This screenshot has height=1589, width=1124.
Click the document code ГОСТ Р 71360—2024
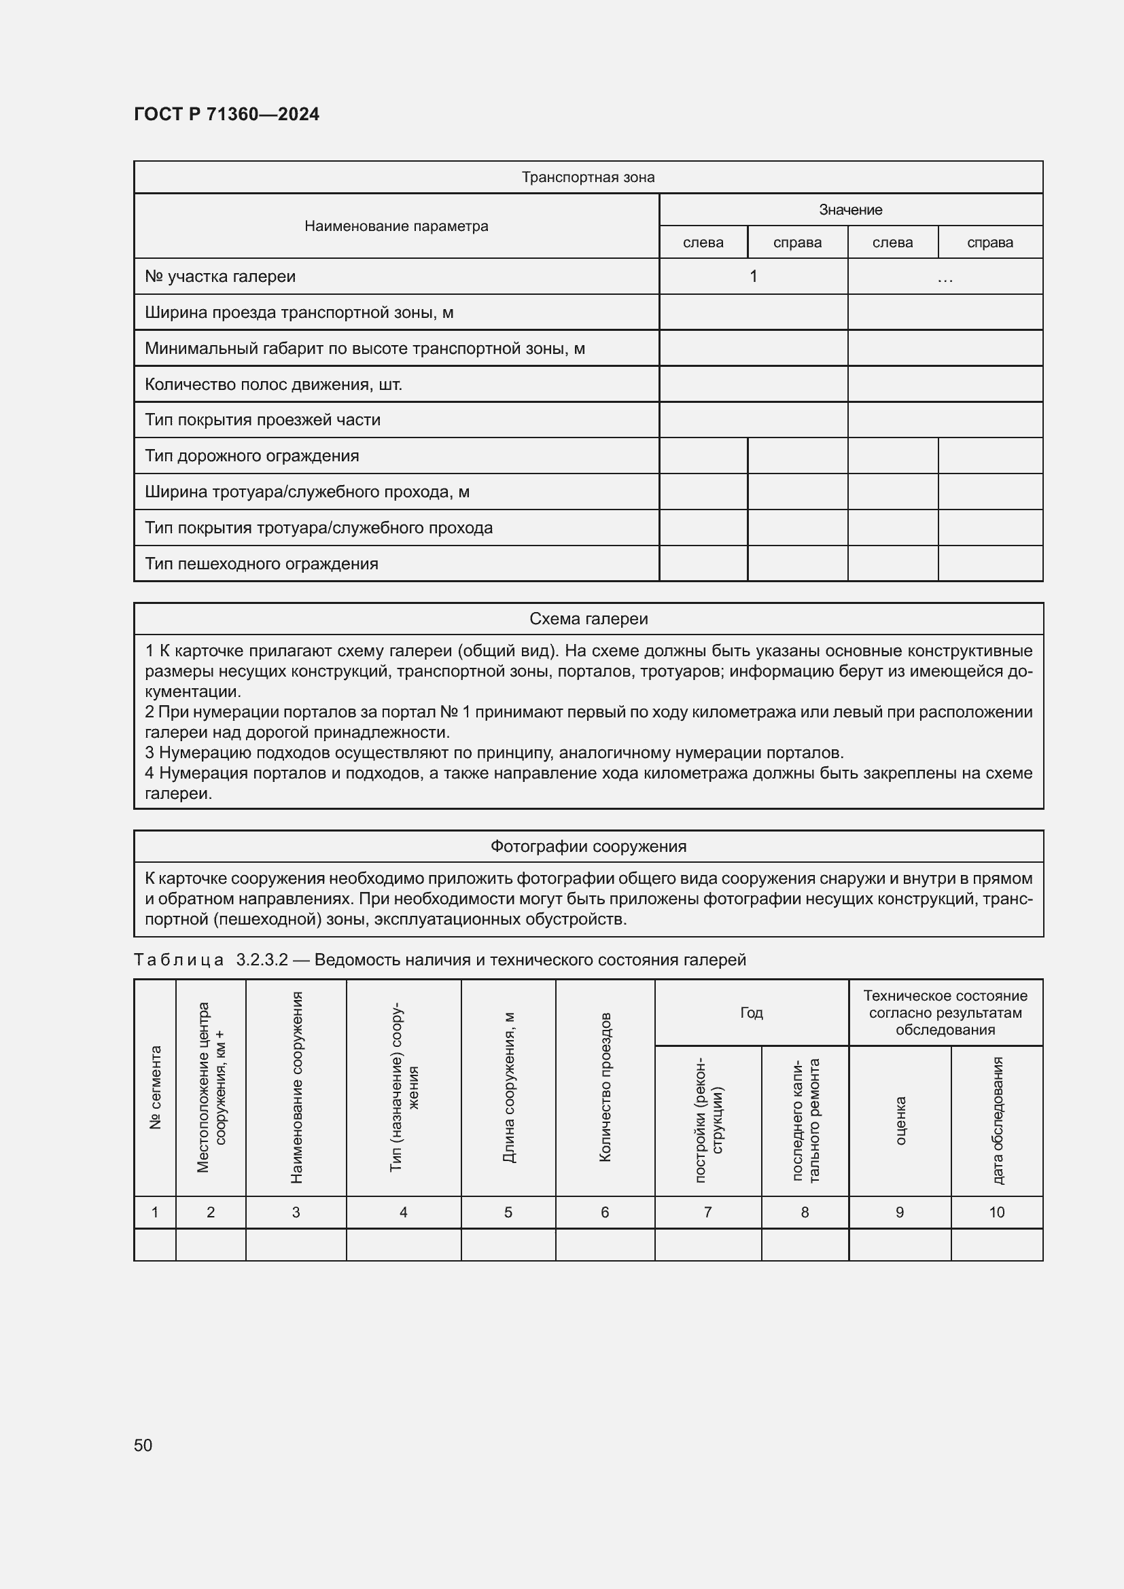click(x=226, y=114)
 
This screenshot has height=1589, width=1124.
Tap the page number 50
click(x=143, y=1445)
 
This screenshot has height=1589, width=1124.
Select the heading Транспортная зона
click(x=588, y=177)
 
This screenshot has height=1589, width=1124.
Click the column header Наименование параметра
click(x=396, y=226)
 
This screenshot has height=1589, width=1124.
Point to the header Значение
click(x=850, y=210)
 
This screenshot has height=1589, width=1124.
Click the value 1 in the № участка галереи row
click(x=753, y=276)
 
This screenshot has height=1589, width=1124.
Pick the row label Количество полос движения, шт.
click(x=273, y=384)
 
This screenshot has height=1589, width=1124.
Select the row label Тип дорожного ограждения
click(x=252, y=455)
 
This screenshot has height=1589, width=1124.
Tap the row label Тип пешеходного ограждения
click(x=262, y=563)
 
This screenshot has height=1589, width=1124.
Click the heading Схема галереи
click(x=588, y=619)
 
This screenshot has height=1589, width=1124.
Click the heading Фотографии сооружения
click(x=588, y=846)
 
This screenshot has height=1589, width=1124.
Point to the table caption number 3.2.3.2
click(x=262, y=960)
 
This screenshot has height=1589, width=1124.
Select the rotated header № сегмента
click(x=155, y=1087)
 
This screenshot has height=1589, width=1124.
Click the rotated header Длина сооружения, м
click(x=509, y=1087)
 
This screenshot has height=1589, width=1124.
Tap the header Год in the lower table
click(x=751, y=1012)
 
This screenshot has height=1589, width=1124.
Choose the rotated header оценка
click(x=900, y=1120)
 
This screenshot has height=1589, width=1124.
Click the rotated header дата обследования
click(x=997, y=1120)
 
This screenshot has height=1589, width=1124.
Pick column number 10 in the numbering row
click(x=997, y=1212)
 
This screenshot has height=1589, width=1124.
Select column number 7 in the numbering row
click(x=707, y=1212)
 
